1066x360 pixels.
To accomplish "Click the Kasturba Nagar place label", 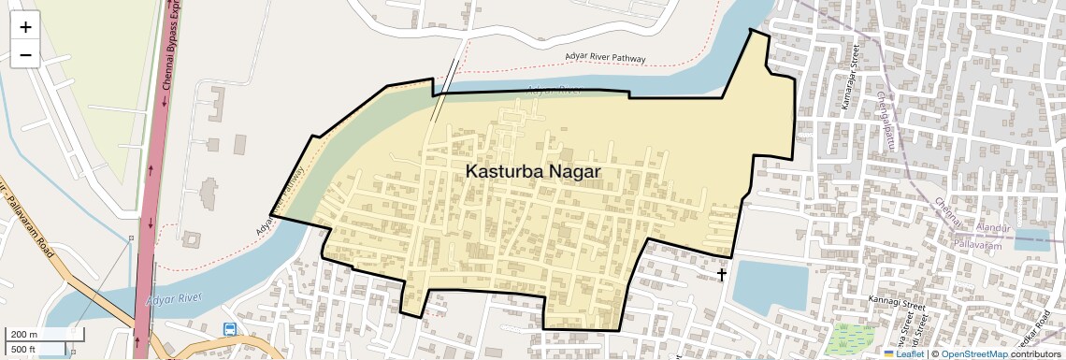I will tap(532, 172).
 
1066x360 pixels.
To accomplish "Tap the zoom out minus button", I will tap(25, 55).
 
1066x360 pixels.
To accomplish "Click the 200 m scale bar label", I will tap(24, 335).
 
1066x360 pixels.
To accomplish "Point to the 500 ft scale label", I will tap(23, 350).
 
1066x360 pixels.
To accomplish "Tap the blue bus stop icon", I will tap(230, 329).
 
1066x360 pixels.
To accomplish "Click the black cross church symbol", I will tap(722, 274).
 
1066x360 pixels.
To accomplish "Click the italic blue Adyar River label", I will tap(175, 299).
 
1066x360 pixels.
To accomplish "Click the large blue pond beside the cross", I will tap(770, 285).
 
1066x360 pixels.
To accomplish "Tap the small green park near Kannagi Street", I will tap(850, 338).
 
